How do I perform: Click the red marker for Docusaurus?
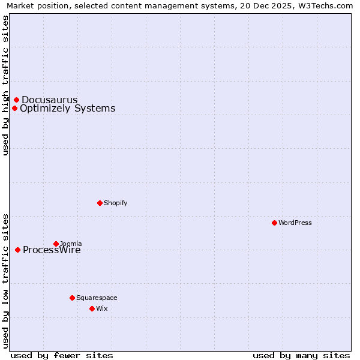pyautogui.click(x=17, y=100)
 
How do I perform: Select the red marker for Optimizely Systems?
pyautogui.click(x=15, y=108)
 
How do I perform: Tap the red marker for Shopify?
pyautogui.click(x=100, y=203)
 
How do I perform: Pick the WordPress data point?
pyautogui.click(x=274, y=223)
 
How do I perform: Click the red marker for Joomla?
pyautogui.click(x=56, y=244)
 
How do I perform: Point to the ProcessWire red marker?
pyautogui.click(x=18, y=250)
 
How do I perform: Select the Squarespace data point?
pyautogui.click(x=72, y=298)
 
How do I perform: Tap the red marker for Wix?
pyautogui.click(x=92, y=308)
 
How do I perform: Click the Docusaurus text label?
pyautogui.click(x=50, y=100)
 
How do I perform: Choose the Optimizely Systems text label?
pyautogui.click(x=67, y=108)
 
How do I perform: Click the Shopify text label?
pyautogui.click(x=115, y=203)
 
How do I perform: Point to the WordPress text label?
pyautogui.click(x=295, y=223)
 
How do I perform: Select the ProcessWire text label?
pyautogui.click(x=52, y=250)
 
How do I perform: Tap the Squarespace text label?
pyautogui.click(x=97, y=298)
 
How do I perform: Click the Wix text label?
pyautogui.click(x=101, y=308)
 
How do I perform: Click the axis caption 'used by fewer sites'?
pyautogui.click(x=62, y=355)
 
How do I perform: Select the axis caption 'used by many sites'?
pyautogui.click(x=301, y=355)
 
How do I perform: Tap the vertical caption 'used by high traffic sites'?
pyautogui.click(x=5, y=85)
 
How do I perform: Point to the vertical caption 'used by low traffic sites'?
pyautogui.click(x=5, y=281)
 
